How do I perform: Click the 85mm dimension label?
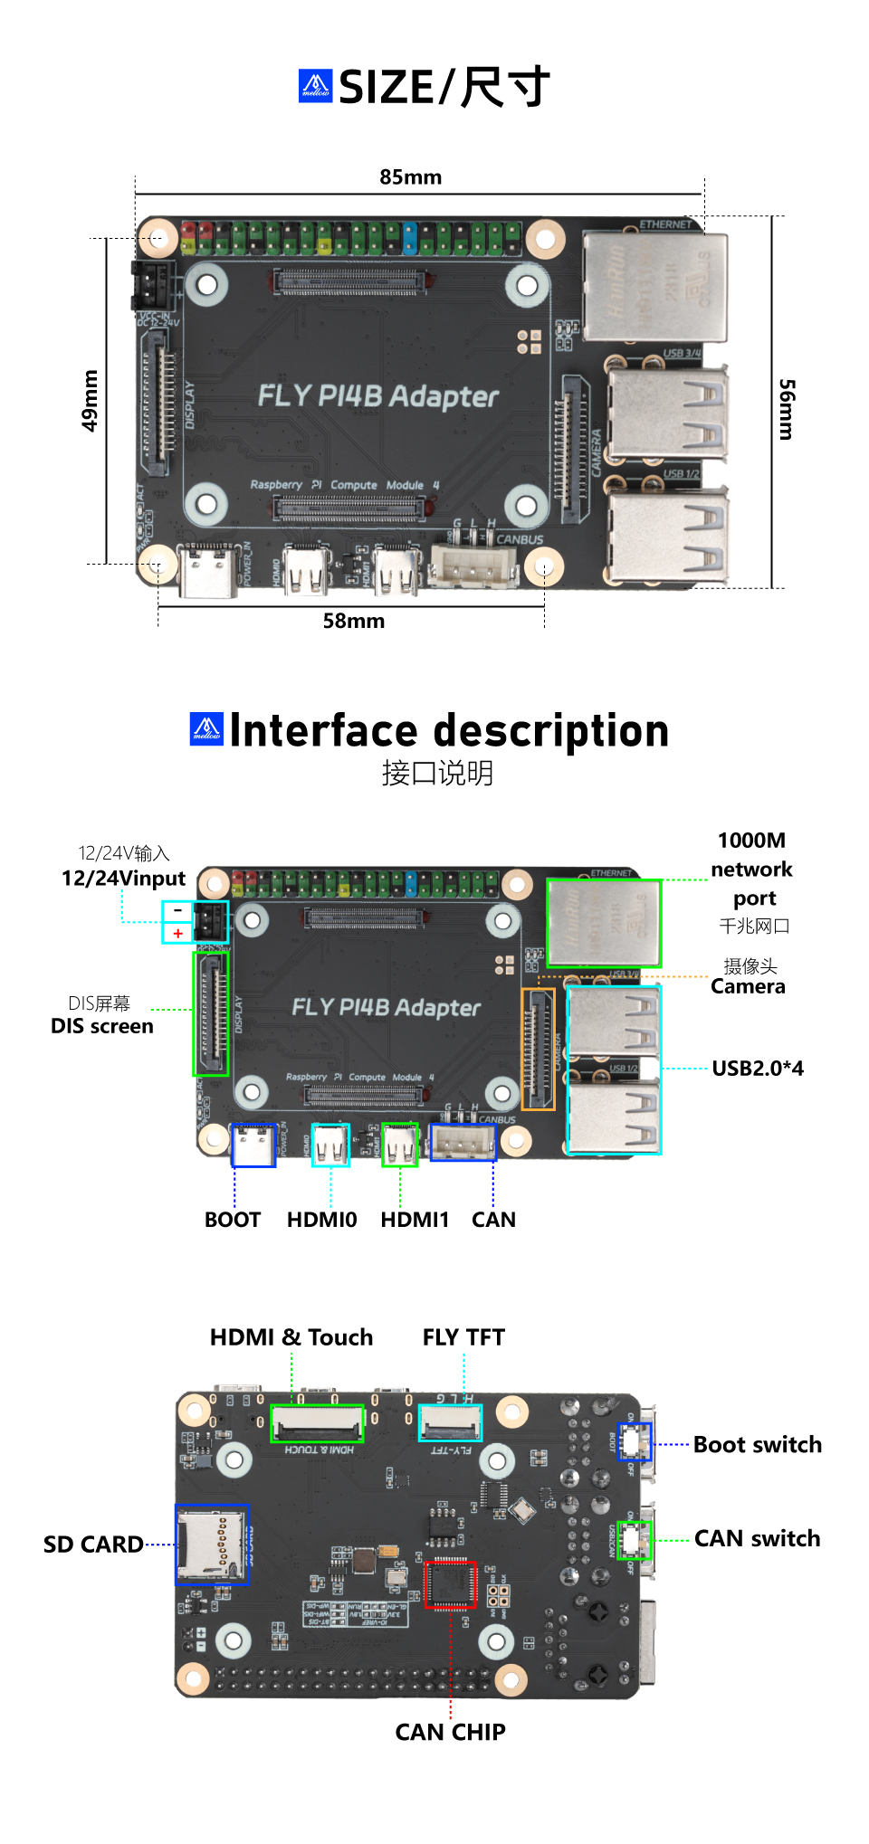pos(410,177)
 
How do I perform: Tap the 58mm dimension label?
pos(354,621)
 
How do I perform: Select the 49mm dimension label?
pos(90,400)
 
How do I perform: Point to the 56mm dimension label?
pos(787,409)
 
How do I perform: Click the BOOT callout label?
pos(233,1220)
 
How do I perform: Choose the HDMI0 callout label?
pos(321,1220)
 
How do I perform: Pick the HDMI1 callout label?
pos(415,1220)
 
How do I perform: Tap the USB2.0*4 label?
pos(758,1069)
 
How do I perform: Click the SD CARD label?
pos(93,1545)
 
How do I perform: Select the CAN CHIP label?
pos(450,1732)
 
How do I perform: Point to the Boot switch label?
pos(758,1445)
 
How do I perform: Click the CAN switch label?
pos(757,1539)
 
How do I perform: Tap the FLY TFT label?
pos(463,1337)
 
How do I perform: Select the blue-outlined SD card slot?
pos(212,1545)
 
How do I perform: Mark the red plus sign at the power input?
pos(177,933)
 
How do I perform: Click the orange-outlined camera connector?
pos(539,1050)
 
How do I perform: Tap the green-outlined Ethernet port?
pos(604,923)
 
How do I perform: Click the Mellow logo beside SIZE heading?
pos(316,86)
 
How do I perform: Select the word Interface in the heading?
pos(323,731)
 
